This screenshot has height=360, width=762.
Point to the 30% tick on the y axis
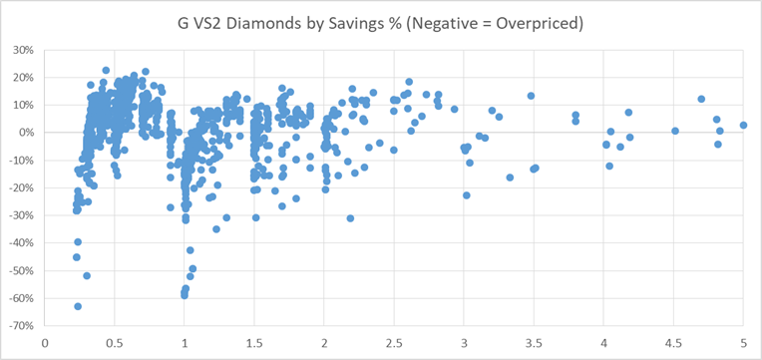pyautogui.click(x=22, y=50)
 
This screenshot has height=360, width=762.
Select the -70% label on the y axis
pyautogui.click(x=20, y=326)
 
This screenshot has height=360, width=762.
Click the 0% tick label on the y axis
pyautogui.click(x=25, y=133)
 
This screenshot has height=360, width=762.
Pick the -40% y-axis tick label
pyautogui.click(x=20, y=243)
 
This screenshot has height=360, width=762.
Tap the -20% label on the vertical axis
pyautogui.click(x=20, y=187)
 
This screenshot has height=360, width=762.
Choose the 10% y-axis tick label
pyautogui.click(x=22, y=105)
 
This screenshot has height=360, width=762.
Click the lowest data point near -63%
pyautogui.click(x=78, y=306)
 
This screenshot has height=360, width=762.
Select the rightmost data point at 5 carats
pyautogui.click(x=743, y=126)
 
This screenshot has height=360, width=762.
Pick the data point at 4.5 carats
pyautogui.click(x=675, y=131)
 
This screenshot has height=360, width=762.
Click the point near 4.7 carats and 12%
pyautogui.click(x=701, y=100)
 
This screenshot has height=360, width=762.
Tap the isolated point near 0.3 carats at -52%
pyautogui.click(x=87, y=275)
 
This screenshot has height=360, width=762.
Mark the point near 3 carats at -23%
pyautogui.click(x=466, y=195)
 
